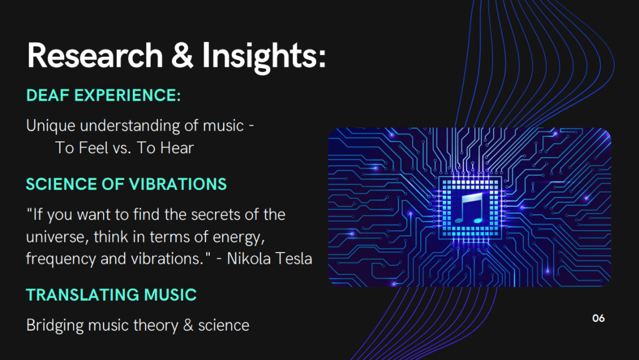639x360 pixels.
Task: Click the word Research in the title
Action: [x=95, y=56]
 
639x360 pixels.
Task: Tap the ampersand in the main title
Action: [x=182, y=56]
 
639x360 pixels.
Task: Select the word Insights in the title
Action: [x=264, y=57]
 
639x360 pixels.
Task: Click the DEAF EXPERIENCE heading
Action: [x=104, y=96]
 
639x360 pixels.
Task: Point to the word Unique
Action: [x=51, y=126]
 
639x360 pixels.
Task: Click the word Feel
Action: [x=94, y=147]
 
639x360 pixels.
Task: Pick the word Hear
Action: [x=177, y=147]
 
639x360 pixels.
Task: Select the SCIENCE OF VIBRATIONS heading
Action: [x=126, y=184]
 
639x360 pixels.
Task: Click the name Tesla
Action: [x=294, y=259]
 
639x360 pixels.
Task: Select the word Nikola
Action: [x=249, y=259]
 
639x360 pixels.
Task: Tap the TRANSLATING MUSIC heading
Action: [x=111, y=295]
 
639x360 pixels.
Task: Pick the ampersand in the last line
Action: [x=188, y=326]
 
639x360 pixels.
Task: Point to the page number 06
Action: [x=598, y=318]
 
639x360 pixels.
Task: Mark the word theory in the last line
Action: [x=156, y=326]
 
